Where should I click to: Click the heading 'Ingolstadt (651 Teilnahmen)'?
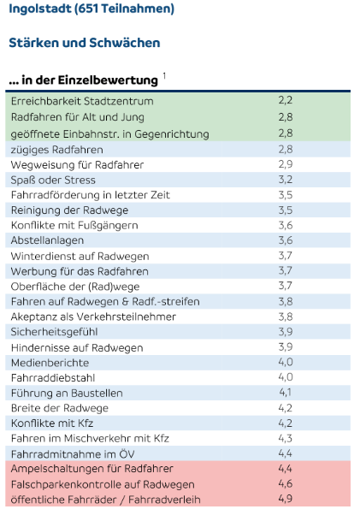pos(91,9)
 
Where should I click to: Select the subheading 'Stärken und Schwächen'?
pos(84,42)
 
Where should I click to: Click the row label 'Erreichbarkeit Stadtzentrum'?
pos(76,101)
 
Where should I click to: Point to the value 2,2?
pos(286,101)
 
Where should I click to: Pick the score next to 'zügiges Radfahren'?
pos(286,149)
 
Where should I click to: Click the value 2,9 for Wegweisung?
pos(286,164)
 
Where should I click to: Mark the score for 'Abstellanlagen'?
pos(286,240)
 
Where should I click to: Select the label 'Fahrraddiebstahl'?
pos(53,377)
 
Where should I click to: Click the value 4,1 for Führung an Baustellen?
pos(286,392)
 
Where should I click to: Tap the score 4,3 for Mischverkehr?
pos(286,438)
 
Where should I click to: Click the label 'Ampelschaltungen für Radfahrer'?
pos(91,469)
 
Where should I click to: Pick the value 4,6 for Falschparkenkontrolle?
pos(286,483)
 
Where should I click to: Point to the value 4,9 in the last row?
pos(286,499)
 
